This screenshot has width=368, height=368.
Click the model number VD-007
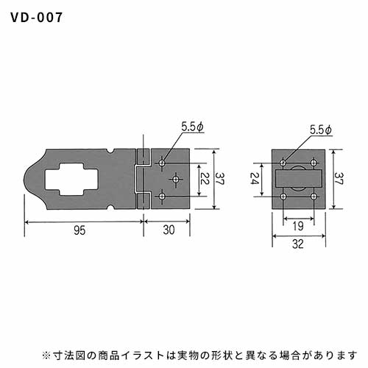point(37,18)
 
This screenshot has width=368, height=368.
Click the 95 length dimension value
point(79,230)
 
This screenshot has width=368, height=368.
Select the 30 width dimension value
point(169,230)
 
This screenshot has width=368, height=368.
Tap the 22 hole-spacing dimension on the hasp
point(204,179)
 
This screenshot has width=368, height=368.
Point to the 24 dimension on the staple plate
point(254,179)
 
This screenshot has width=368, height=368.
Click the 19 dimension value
point(298,226)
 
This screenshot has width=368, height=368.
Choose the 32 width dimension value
point(298,244)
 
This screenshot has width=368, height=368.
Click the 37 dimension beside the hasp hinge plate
point(220,179)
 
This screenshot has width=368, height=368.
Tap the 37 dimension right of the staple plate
point(339,179)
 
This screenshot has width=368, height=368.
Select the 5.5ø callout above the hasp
point(193,127)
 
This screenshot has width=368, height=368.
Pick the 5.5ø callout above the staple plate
point(321,130)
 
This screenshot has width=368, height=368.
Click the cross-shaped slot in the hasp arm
point(71,180)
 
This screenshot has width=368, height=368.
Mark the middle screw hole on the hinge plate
point(176,180)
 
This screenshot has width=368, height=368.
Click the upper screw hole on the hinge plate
point(162,163)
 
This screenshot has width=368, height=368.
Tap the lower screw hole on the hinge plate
point(162,197)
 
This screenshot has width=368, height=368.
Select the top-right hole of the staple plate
point(314,163)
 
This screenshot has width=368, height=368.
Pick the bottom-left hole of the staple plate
point(283,197)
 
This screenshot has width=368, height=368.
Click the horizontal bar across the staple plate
point(298,178)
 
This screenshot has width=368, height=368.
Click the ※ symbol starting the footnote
point(46,355)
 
